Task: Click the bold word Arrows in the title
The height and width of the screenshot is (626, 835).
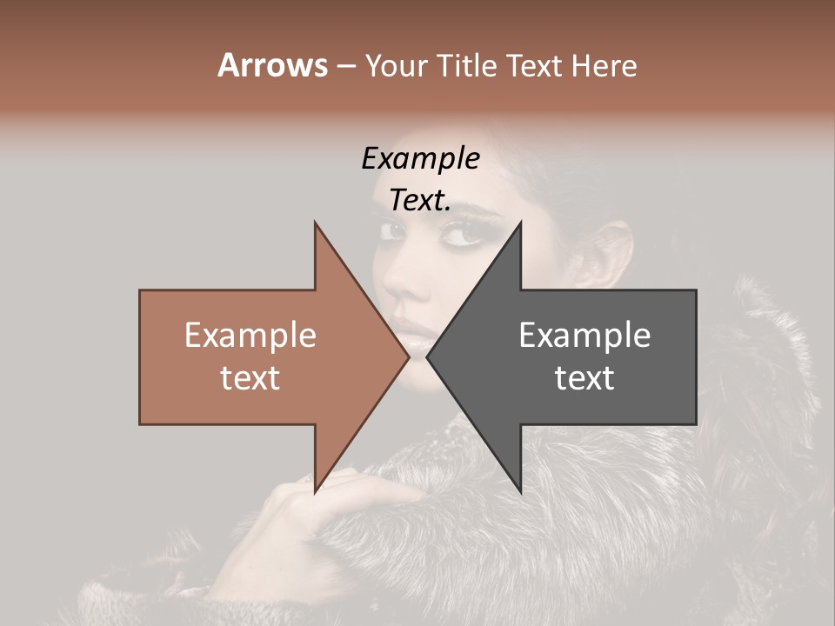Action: click(271, 65)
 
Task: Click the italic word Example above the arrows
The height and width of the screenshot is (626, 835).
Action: click(420, 159)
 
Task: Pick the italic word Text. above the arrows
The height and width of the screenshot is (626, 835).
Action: click(420, 201)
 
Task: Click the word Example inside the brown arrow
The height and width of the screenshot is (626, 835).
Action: click(250, 336)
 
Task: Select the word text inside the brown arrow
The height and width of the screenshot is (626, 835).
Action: click(250, 378)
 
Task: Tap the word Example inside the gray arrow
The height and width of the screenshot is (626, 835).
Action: click(584, 336)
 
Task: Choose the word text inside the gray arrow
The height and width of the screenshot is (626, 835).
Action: click(584, 378)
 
